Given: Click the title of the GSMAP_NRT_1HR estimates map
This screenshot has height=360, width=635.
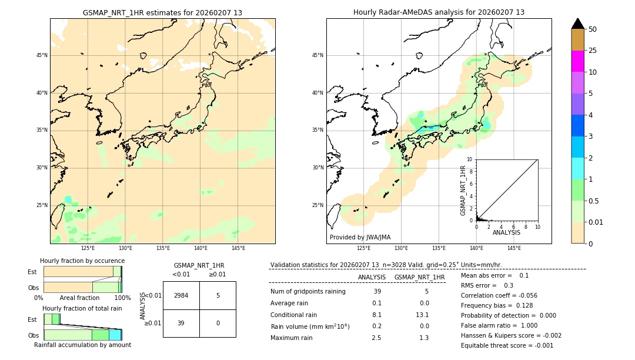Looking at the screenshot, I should [x=162, y=12].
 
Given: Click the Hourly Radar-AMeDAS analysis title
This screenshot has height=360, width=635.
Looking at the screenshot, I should [x=439, y=12].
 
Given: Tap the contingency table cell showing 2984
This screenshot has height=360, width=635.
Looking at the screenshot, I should [x=181, y=295].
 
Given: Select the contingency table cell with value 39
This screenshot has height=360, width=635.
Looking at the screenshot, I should [x=181, y=323].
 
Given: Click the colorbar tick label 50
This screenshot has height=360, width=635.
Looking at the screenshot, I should [x=593, y=29].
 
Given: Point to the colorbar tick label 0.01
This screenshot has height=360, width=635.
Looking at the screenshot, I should [x=596, y=222].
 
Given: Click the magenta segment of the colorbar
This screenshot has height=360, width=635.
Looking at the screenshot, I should [x=577, y=61].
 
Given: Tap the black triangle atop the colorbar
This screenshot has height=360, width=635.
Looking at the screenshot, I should [x=577, y=24].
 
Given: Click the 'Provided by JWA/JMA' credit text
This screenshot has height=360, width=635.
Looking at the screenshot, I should [x=360, y=237].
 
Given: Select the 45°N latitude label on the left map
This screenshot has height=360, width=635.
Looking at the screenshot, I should [x=42, y=55].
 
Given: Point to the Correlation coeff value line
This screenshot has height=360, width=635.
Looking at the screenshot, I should [x=499, y=295].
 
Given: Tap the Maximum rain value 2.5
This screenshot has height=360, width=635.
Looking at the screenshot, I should [x=376, y=338].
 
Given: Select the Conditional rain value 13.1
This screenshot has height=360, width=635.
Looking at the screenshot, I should [x=424, y=315].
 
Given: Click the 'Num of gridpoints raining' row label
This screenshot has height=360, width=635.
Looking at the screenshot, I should [x=308, y=292].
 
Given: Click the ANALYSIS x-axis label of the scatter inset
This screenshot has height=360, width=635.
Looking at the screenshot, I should [x=506, y=232].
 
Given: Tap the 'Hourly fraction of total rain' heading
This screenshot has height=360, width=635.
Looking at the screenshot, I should [x=82, y=308].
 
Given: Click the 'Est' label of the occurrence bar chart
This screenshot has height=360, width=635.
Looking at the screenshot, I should [x=32, y=272].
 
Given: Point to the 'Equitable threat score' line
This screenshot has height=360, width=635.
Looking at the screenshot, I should [x=507, y=345].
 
